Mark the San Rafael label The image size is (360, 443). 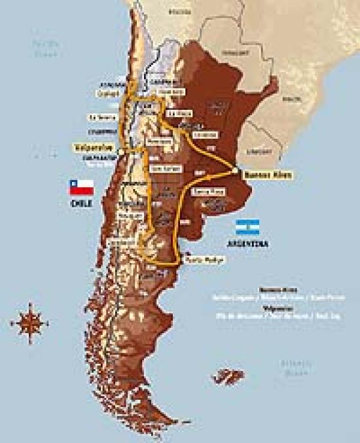click(x=160, y=168)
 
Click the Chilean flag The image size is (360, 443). click(x=81, y=188)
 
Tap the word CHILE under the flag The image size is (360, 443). click(x=81, y=203)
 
